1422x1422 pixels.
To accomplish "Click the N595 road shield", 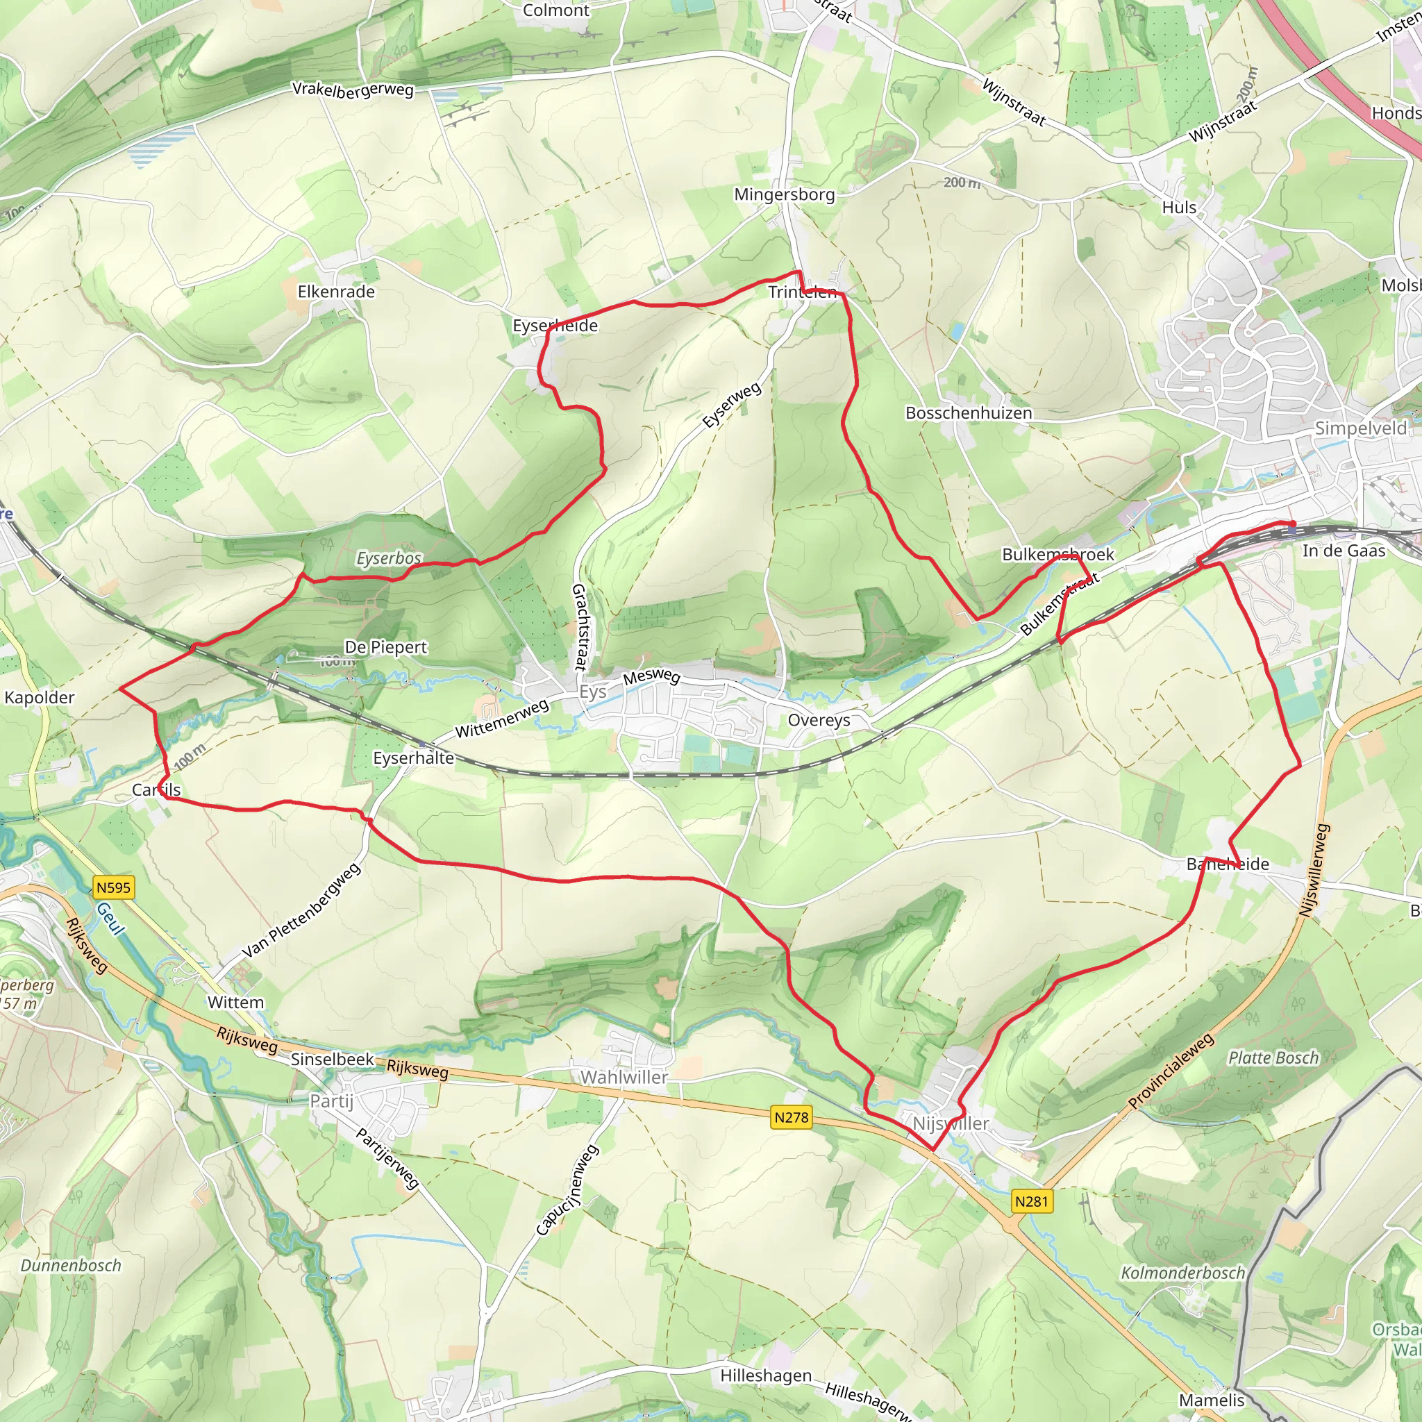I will click(113, 887).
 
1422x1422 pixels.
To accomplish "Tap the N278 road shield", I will click(792, 1117).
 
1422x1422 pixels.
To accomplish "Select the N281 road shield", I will click(1031, 1201).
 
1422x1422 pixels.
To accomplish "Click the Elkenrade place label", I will click(336, 292).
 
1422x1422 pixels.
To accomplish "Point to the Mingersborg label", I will click(785, 194).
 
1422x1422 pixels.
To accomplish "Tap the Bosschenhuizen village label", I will click(969, 413).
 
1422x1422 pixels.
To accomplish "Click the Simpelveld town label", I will click(1361, 428).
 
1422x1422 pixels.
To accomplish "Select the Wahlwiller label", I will click(624, 1078).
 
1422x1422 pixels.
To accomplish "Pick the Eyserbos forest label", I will click(389, 559).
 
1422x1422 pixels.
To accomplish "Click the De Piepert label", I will click(385, 647).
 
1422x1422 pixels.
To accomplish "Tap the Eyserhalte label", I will click(414, 758).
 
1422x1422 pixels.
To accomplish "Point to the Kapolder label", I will click(40, 697).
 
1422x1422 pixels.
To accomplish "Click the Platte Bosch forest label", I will click(1274, 1057).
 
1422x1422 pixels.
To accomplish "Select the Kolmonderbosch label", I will click(1182, 1273).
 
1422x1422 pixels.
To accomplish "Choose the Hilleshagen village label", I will click(767, 1375).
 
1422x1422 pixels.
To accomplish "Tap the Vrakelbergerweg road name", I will click(353, 89).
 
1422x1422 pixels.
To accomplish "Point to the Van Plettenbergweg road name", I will click(302, 910).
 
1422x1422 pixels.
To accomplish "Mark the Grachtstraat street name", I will click(580, 626).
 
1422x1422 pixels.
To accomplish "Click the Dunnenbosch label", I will click(71, 1265).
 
